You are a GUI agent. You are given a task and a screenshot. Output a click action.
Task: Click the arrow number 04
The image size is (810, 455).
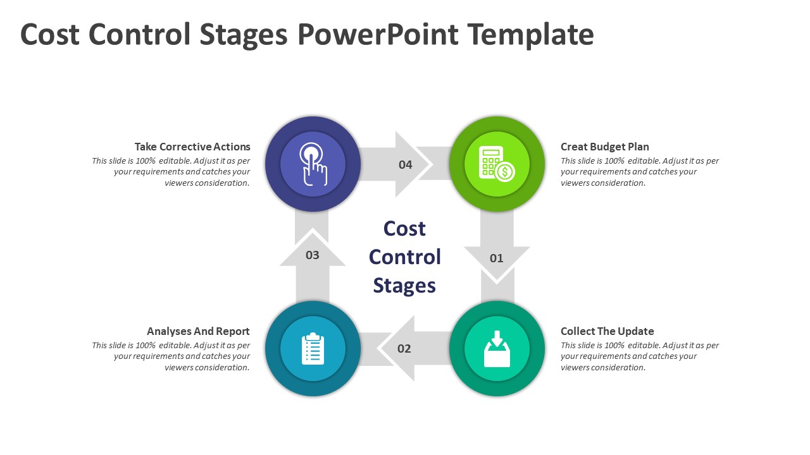(x=405, y=165)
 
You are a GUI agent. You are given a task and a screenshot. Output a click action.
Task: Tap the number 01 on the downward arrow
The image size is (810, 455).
(x=497, y=258)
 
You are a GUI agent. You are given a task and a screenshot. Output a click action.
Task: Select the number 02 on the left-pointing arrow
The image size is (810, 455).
(x=404, y=348)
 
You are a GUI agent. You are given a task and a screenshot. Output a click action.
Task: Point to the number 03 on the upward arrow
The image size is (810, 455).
(x=313, y=255)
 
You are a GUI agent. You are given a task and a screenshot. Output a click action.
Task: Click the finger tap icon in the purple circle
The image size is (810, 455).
(x=313, y=164)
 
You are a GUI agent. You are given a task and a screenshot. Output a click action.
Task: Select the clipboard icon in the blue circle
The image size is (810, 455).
(x=313, y=349)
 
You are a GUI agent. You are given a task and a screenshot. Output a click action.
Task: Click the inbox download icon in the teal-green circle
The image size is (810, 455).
(x=497, y=349)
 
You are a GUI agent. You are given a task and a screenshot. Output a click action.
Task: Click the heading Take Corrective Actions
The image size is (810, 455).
(x=192, y=147)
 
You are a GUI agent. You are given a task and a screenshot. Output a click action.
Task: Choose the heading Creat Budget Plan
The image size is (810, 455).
(x=605, y=147)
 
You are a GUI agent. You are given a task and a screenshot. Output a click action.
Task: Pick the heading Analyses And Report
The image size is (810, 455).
(x=198, y=331)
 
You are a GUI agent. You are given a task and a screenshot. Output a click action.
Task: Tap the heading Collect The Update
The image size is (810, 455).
(x=607, y=331)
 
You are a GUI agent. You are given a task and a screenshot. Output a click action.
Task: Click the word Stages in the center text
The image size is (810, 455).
(x=404, y=285)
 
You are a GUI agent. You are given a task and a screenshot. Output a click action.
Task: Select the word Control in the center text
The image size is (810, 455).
(x=404, y=257)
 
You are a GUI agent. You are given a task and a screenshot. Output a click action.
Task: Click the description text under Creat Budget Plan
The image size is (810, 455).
(x=640, y=172)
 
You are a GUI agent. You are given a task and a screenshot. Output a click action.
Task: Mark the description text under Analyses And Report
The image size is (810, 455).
(x=171, y=356)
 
